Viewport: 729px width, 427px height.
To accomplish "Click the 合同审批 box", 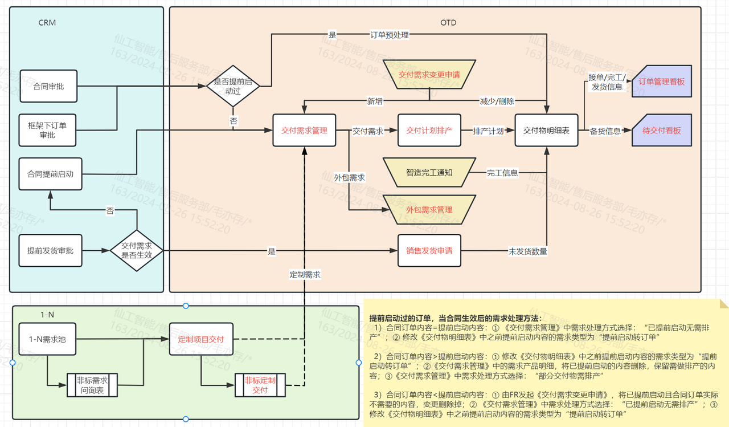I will tap(48, 87).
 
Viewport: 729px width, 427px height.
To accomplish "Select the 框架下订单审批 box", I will tap(48, 130).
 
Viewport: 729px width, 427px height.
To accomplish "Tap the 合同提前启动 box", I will tap(50, 174).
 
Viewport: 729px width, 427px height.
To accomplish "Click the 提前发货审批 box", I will tap(50, 250).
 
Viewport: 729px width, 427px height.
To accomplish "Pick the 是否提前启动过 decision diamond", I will tap(232, 86).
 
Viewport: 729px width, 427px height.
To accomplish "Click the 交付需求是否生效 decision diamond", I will tap(136, 250).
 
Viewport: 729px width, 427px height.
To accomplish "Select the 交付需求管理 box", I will tap(304, 131).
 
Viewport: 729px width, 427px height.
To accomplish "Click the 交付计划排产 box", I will tap(429, 131).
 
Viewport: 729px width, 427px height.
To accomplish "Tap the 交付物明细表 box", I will tap(546, 131).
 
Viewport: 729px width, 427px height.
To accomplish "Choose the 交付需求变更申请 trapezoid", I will tap(429, 75).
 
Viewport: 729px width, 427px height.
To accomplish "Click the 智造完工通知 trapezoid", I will tap(429, 172).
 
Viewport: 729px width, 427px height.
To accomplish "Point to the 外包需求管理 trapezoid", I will tap(429, 210).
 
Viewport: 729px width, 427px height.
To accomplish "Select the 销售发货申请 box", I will tap(429, 250).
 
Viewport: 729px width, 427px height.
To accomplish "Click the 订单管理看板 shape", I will tap(661, 82).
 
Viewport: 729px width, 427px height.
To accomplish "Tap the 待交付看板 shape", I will tap(661, 131).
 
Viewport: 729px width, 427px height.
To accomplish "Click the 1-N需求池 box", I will tap(47, 339).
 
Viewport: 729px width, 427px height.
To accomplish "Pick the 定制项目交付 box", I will tap(201, 339).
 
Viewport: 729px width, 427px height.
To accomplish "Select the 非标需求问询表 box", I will tap(92, 385).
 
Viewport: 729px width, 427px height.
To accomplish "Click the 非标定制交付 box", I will tap(260, 385).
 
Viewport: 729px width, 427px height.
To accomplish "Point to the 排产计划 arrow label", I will tap(488, 131).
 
